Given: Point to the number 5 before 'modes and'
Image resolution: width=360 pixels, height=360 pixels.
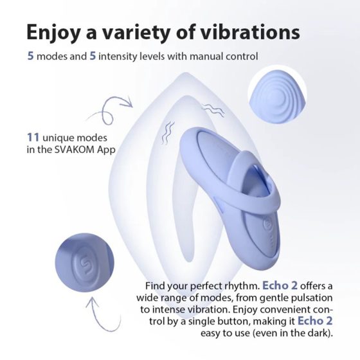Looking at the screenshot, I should coord(30,57).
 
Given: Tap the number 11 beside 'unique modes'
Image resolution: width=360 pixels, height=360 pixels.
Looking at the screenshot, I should coord(32,138).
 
